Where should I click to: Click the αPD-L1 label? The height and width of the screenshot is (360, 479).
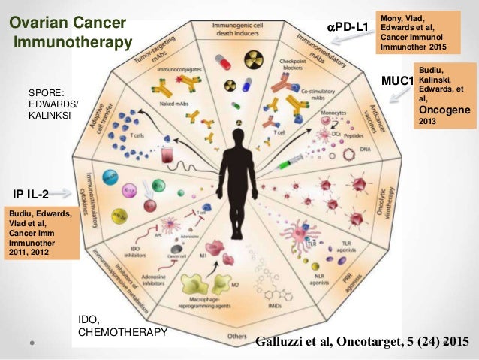click(x=348, y=28)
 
